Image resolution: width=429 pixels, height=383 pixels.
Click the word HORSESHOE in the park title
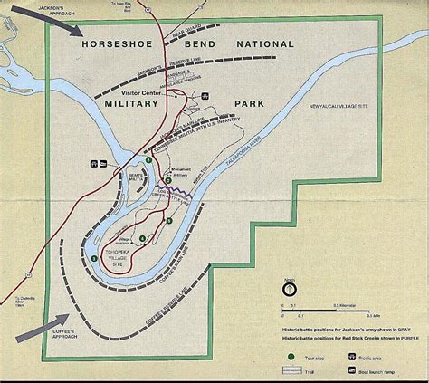click(117, 44)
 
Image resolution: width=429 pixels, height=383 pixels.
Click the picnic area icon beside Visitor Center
click(205, 95)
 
